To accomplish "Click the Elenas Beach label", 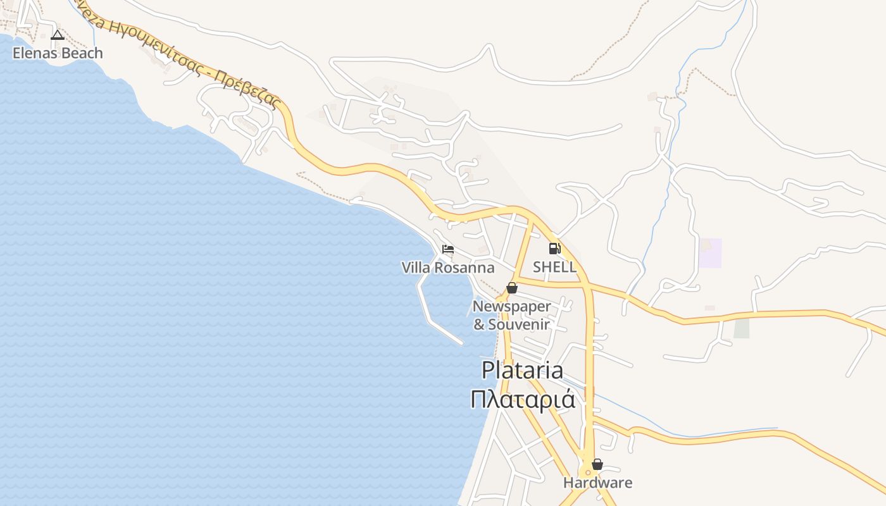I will pos(58,53).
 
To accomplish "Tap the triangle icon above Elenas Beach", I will pos(58,35).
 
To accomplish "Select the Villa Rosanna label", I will pos(448,268).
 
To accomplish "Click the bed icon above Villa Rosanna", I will pos(448,249).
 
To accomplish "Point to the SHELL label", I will pos(554,267).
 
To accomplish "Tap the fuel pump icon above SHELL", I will pos(554,249).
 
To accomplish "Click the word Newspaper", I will pos(512,307).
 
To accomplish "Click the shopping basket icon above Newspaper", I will pos(512,288).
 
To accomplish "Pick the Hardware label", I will pos(597,483).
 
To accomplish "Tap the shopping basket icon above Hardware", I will pos(597,464).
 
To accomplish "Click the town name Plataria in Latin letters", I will pos(522,371).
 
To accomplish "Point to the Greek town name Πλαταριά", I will pos(523,400).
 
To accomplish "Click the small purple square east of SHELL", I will pos(710,253).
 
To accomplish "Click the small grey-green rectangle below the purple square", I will pos(741,328).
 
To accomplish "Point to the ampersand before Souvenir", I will pos(479,325).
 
